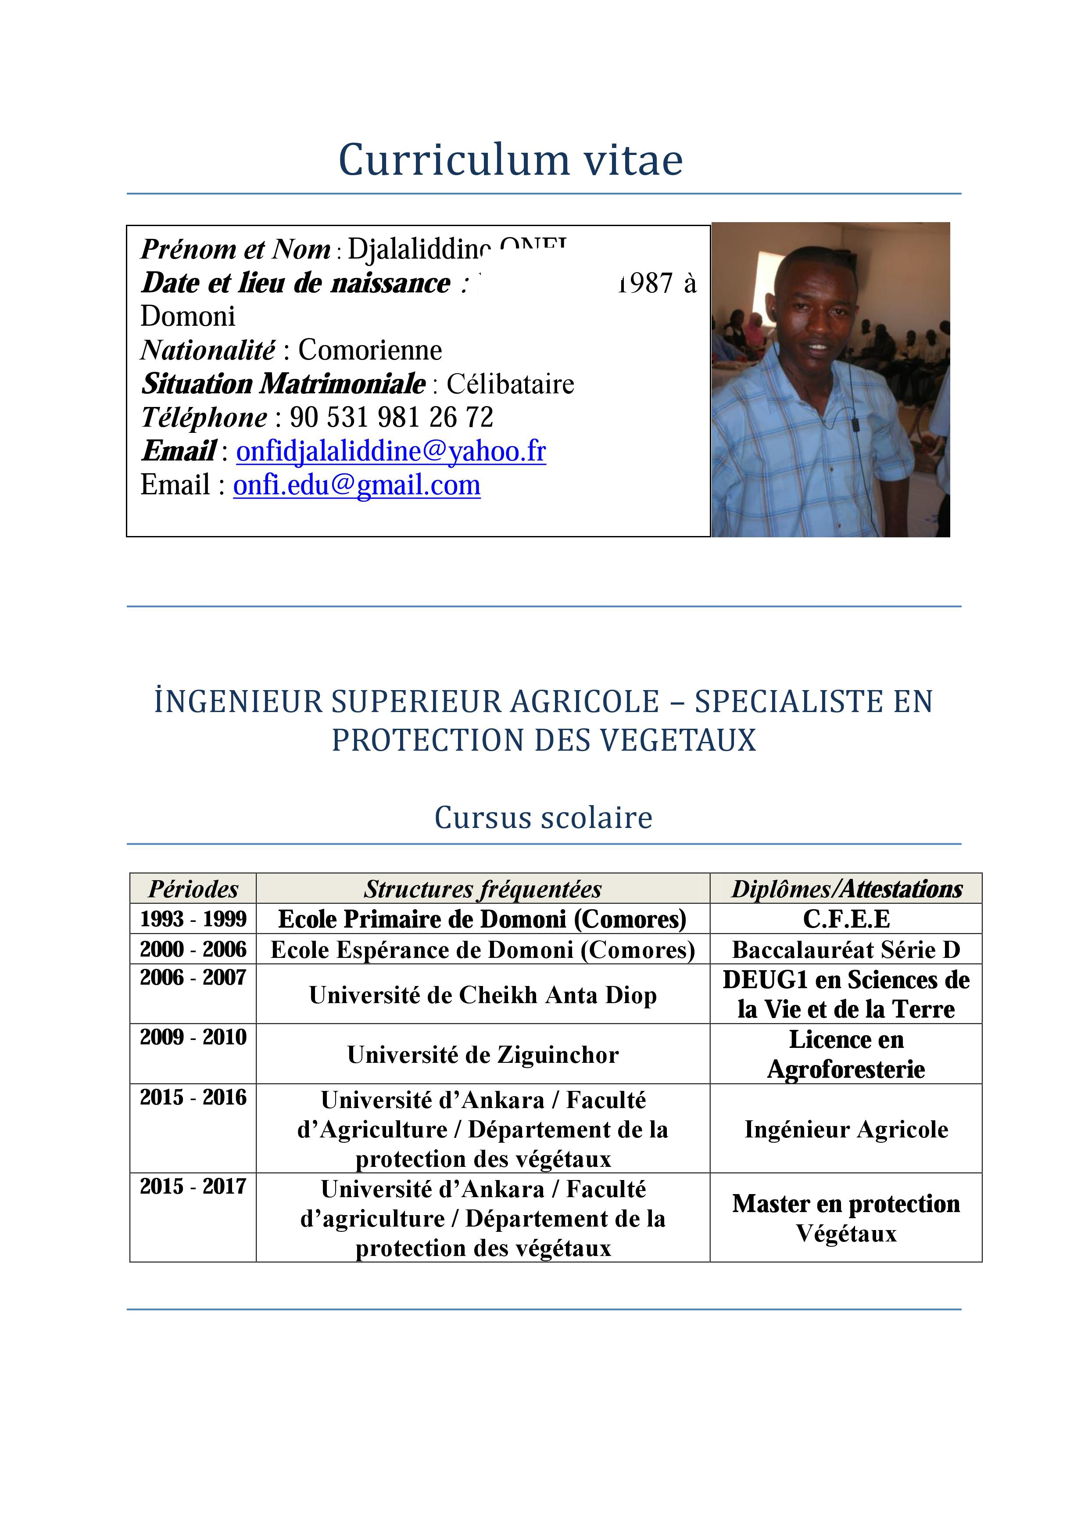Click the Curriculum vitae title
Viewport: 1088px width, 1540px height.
point(510,160)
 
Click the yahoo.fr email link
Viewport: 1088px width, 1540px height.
point(391,451)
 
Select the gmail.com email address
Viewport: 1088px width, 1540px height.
point(357,486)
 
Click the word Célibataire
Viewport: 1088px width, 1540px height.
point(510,384)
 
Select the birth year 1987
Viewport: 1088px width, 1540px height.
point(645,283)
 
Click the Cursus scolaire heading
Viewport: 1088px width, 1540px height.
point(543,817)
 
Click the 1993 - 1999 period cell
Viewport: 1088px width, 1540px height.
point(193,919)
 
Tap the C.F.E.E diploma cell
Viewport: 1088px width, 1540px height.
point(846,919)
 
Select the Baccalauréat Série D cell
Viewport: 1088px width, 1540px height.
point(846,950)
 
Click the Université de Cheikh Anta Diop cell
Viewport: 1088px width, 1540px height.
point(483,995)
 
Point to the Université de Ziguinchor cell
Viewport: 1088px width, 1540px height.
point(483,1055)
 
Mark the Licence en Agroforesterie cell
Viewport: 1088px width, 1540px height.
point(846,1054)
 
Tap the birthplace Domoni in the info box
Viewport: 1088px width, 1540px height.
point(188,317)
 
